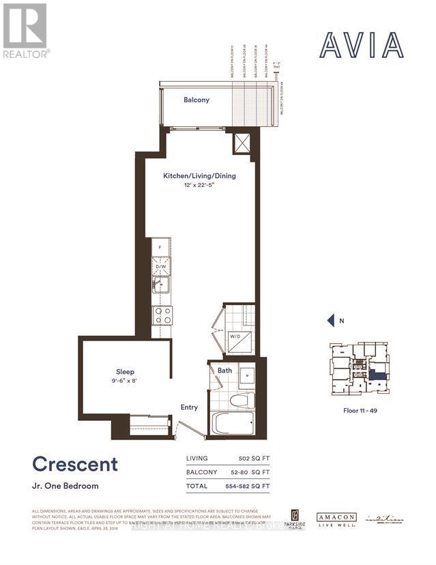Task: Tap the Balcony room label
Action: (x=197, y=100)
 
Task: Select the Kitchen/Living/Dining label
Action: (x=199, y=175)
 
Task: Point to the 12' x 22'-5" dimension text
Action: (x=199, y=186)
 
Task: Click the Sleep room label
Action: (x=125, y=372)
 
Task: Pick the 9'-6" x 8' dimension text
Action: (x=125, y=381)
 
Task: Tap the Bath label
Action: (x=225, y=371)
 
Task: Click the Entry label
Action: (x=189, y=407)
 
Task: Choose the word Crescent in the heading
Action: (x=75, y=465)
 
